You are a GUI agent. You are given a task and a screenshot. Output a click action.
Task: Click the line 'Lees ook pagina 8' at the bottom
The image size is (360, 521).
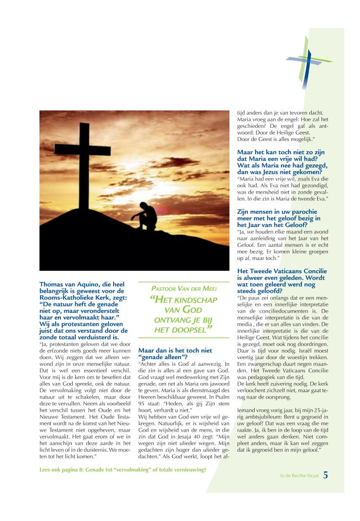[x=122, y=470]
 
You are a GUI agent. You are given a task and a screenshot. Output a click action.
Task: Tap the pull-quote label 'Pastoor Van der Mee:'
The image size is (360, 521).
[x=183, y=288]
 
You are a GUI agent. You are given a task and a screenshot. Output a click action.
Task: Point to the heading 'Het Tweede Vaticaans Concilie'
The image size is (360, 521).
[x=281, y=271]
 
